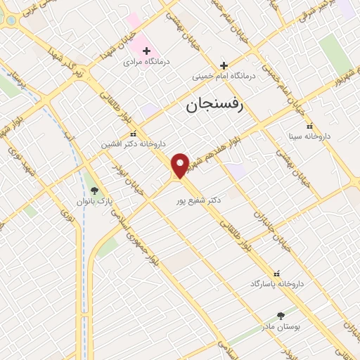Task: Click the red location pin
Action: click(181, 165)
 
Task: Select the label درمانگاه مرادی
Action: click(143, 63)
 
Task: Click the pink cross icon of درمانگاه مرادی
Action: click(147, 50)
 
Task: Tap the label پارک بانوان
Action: click(94, 201)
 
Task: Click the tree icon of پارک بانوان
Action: click(94, 190)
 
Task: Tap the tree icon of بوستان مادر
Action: click(281, 316)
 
